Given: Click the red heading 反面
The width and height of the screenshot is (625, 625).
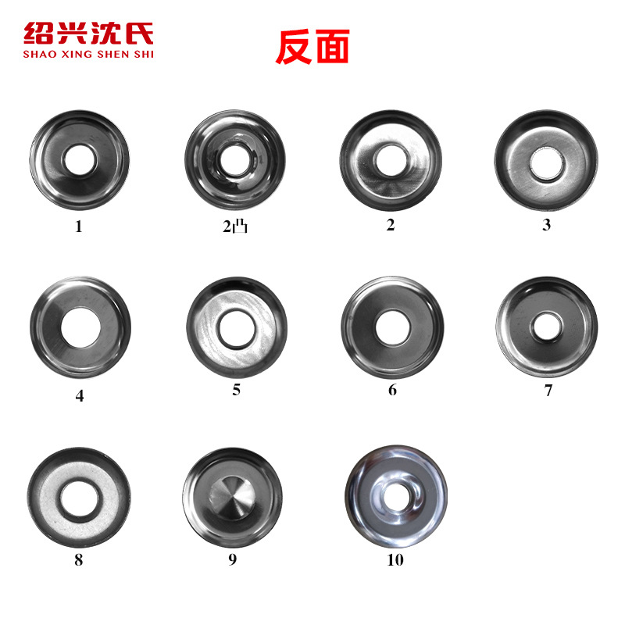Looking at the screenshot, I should point(312,47).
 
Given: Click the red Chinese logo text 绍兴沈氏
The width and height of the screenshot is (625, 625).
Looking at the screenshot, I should point(88,34).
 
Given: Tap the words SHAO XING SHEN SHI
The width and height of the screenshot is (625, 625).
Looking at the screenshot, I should point(88,54).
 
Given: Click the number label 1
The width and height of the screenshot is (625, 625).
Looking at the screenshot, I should point(78,227).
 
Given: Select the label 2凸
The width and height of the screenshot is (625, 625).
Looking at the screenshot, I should point(235,227).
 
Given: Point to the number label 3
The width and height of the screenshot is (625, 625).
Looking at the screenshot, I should point(547,225).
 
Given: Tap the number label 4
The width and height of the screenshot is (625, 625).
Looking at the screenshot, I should point(80,395).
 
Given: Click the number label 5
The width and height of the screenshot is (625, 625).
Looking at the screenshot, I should point(236,390).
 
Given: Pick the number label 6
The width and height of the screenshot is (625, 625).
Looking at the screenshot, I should point(392,390).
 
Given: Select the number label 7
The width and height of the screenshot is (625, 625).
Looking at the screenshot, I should point(548,391).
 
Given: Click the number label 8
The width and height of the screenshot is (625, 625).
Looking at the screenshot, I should point(78,559).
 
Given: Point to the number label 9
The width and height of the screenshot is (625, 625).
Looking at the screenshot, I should point(232,559).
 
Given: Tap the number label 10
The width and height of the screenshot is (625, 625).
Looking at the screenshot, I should point(395,560).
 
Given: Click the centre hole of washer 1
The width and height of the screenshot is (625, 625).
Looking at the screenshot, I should point(78,160).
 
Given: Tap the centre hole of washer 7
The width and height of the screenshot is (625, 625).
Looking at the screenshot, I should point(546,323).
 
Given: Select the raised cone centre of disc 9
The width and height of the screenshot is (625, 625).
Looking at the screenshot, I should point(232,494).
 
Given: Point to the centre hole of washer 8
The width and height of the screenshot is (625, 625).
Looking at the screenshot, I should point(78,495).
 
